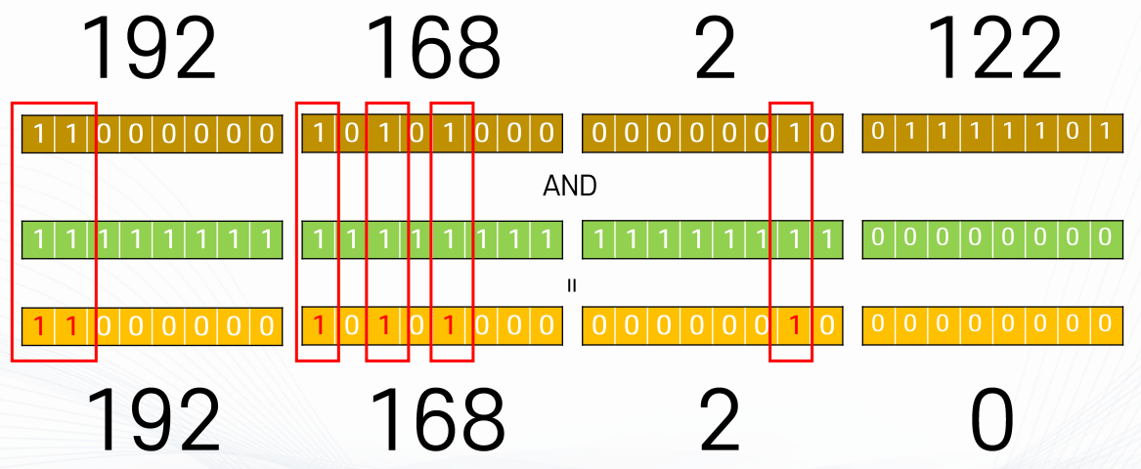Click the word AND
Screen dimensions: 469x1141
tap(569, 187)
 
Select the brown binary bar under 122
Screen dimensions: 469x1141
tap(987, 134)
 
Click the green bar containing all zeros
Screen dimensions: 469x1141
tap(987, 238)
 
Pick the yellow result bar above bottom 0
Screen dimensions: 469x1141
tap(987, 325)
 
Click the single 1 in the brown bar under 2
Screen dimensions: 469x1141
tap(794, 134)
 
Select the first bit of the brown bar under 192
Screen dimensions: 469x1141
tap(39, 134)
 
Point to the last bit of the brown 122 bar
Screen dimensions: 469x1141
tap(1104, 132)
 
